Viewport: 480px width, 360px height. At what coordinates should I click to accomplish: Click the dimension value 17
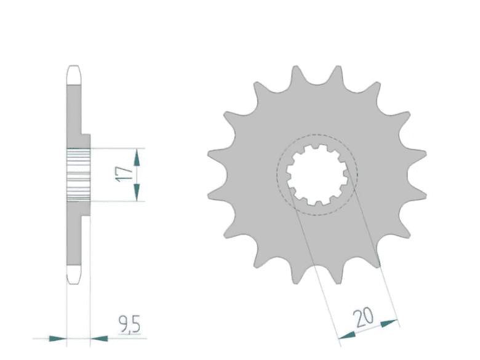(x=124, y=175)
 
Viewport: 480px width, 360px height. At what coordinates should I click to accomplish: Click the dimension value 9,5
(x=129, y=324)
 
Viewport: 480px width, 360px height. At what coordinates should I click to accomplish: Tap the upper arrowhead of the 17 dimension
(x=137, y=158)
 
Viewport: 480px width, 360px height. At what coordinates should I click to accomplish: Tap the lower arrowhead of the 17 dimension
(x=137, y=192)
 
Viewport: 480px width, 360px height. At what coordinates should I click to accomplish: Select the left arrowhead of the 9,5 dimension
(x=58, y=338)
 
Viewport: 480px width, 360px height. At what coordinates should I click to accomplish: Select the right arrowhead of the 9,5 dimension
(x=99, y=338)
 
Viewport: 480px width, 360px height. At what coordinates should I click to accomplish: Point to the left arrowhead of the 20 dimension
(x=347, y=335)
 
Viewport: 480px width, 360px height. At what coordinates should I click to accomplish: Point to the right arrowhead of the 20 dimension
(x=389, y=323)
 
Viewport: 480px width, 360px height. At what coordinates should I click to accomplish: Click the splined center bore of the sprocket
(x=317, y=175)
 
